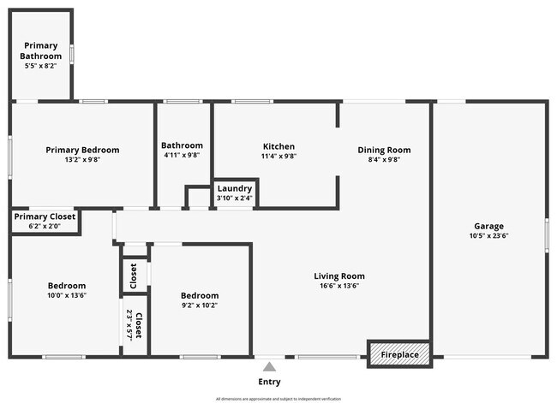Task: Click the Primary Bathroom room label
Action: pos(41,50)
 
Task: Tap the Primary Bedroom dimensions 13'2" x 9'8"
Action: pos(82,160)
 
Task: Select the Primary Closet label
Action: pos(45,216)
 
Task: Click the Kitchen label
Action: pos(278,146)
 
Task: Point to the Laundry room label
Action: pos(234,188)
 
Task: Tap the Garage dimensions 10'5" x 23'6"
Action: pos(488,236)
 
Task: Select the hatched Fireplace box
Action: pos(399,354)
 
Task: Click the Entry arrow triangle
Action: pos(269,367)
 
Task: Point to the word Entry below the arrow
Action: pos(269,382)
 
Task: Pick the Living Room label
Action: pos(339,276)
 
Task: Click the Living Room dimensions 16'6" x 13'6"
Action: pos(339,287)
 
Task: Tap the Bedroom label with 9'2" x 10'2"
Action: pos(199,295)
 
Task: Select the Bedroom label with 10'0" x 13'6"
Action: pos(66,285)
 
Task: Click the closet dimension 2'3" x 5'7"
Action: pos(129,325)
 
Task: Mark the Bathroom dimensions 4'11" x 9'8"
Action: pos(182,156)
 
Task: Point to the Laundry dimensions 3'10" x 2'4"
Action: pos(234,199)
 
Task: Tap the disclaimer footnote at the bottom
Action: pos(278,399)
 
